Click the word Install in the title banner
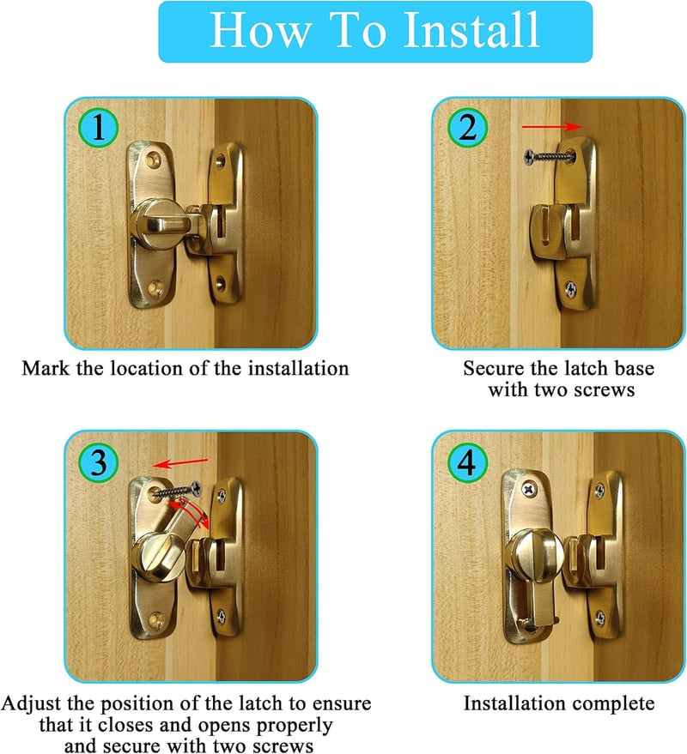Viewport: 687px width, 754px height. coord(471,30)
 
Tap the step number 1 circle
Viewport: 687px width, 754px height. coord(98,128)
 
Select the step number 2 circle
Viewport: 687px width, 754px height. coord(467,128)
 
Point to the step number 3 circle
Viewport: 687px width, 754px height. coord(98,462)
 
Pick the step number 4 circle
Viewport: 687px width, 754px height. coord(467,462)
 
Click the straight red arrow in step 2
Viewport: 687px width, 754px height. coord(552,126)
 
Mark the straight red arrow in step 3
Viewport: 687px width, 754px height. coord(180,463)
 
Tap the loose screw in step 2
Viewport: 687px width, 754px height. coord(548,156)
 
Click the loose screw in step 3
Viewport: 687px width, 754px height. coord(176,491)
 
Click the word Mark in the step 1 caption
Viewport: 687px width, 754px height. coord(46,368)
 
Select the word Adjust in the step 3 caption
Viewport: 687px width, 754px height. coord(32,704)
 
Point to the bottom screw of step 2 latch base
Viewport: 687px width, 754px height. coord(570,288)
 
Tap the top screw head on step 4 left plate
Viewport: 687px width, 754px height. coord(528,490)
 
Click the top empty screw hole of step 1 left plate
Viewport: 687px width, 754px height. coord(154,158)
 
